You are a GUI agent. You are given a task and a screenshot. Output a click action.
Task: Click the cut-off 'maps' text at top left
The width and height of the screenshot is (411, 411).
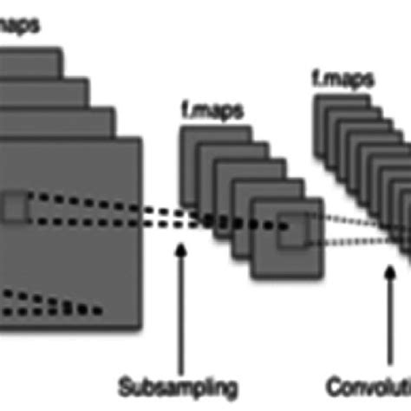(x=19, y=26)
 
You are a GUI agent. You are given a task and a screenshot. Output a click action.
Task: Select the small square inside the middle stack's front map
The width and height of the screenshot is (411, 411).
(x=291, y=228)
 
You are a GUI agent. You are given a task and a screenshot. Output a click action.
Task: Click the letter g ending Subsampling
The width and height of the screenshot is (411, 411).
(x=232, y=386)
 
